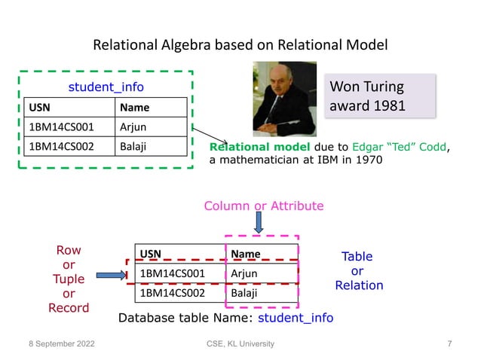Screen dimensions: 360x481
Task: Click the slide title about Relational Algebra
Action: coord(240,45)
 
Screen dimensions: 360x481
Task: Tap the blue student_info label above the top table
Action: coord(106,87)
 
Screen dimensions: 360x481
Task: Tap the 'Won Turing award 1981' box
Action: coord(379,96)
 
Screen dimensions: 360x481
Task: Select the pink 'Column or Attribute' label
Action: coord(264,206)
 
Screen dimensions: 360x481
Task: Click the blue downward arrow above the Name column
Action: coord(258,224)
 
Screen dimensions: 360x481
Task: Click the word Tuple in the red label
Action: coord(69,279)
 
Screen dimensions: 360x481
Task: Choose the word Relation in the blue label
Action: coord(359,285)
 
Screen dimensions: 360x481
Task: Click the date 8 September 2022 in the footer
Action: coord(59,344)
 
